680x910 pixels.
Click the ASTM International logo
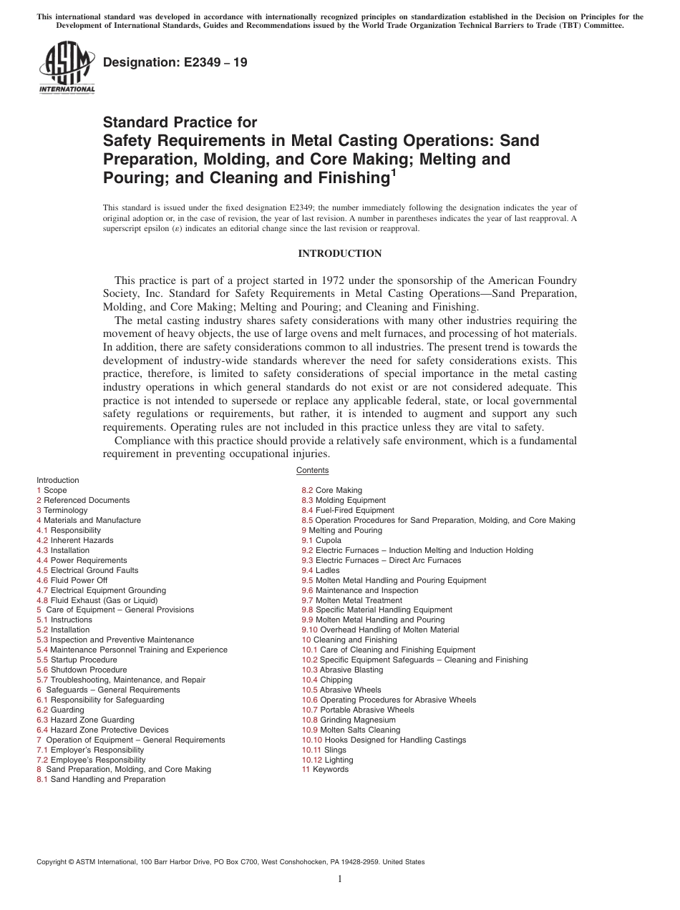[67, 69]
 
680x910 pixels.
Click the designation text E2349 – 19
[175, 62]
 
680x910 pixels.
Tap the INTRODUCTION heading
[339, 253]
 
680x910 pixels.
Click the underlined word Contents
[312, 470]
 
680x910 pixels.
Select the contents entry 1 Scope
[52, 490]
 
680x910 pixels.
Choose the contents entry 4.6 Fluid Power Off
[72, 580]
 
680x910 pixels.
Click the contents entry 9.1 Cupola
[321, 540]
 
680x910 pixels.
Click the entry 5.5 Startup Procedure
[77, 660]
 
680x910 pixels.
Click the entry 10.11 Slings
[324, 750]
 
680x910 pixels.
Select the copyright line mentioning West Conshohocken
[230, 862]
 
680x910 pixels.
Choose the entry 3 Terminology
[62, 510]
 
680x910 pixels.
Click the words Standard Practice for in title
[180, 122]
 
